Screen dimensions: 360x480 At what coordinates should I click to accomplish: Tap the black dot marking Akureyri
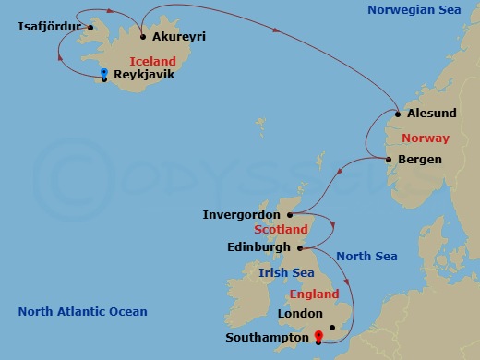[142, 37]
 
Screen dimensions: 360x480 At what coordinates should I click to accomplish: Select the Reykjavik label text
[143, 76]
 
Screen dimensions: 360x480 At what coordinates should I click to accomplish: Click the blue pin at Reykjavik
[104, 72]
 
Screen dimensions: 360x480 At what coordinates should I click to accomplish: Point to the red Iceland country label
[153, 60]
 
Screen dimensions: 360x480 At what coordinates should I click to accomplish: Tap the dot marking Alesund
[398, 115]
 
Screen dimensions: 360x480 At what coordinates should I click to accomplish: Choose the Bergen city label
[420, 160]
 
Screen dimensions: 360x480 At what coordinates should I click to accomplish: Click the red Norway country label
[426, 138]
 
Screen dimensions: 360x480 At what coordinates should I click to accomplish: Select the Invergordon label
[241, 215]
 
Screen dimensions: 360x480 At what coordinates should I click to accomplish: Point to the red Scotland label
[281, 229]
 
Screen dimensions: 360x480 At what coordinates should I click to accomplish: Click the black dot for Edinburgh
[301, 247]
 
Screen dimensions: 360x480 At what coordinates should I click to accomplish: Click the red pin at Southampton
[318, 337]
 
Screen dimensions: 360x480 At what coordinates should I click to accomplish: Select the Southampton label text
[265, 338]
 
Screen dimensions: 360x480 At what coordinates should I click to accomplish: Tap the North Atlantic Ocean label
[82, 312]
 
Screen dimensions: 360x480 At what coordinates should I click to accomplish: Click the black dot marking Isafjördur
[90, 27]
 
